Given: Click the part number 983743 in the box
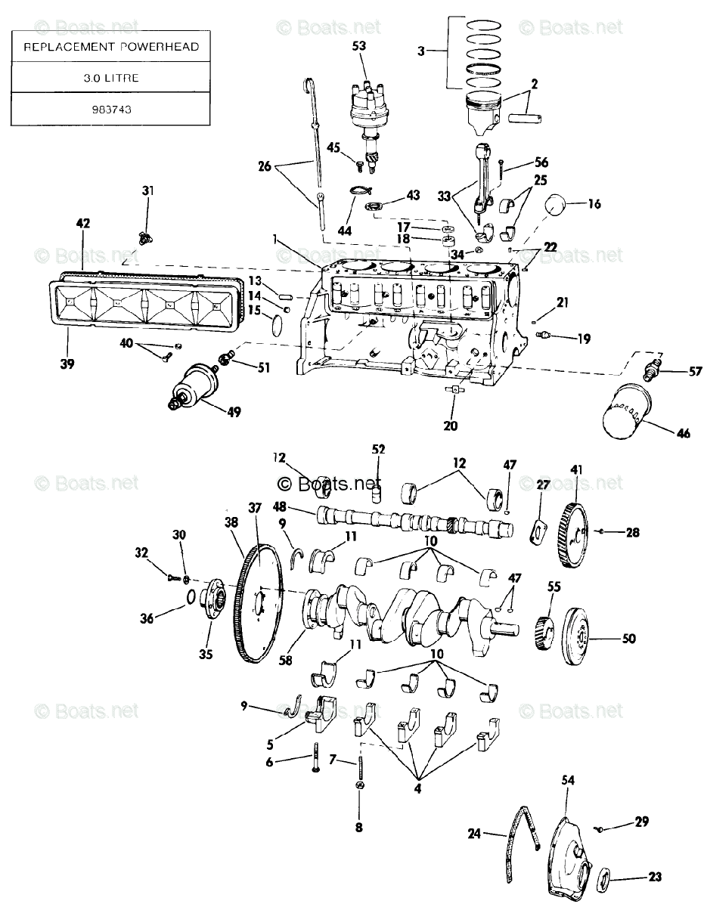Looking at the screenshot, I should [110, 108].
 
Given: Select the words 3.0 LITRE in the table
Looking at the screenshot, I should [110, 77].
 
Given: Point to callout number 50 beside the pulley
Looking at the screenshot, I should [628, 639].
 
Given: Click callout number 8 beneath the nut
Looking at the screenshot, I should [359, 827].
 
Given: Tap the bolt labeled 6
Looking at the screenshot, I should [315, 759].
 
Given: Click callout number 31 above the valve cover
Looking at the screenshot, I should [147, 190].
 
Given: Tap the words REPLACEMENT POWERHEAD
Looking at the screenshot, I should [110, 46].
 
